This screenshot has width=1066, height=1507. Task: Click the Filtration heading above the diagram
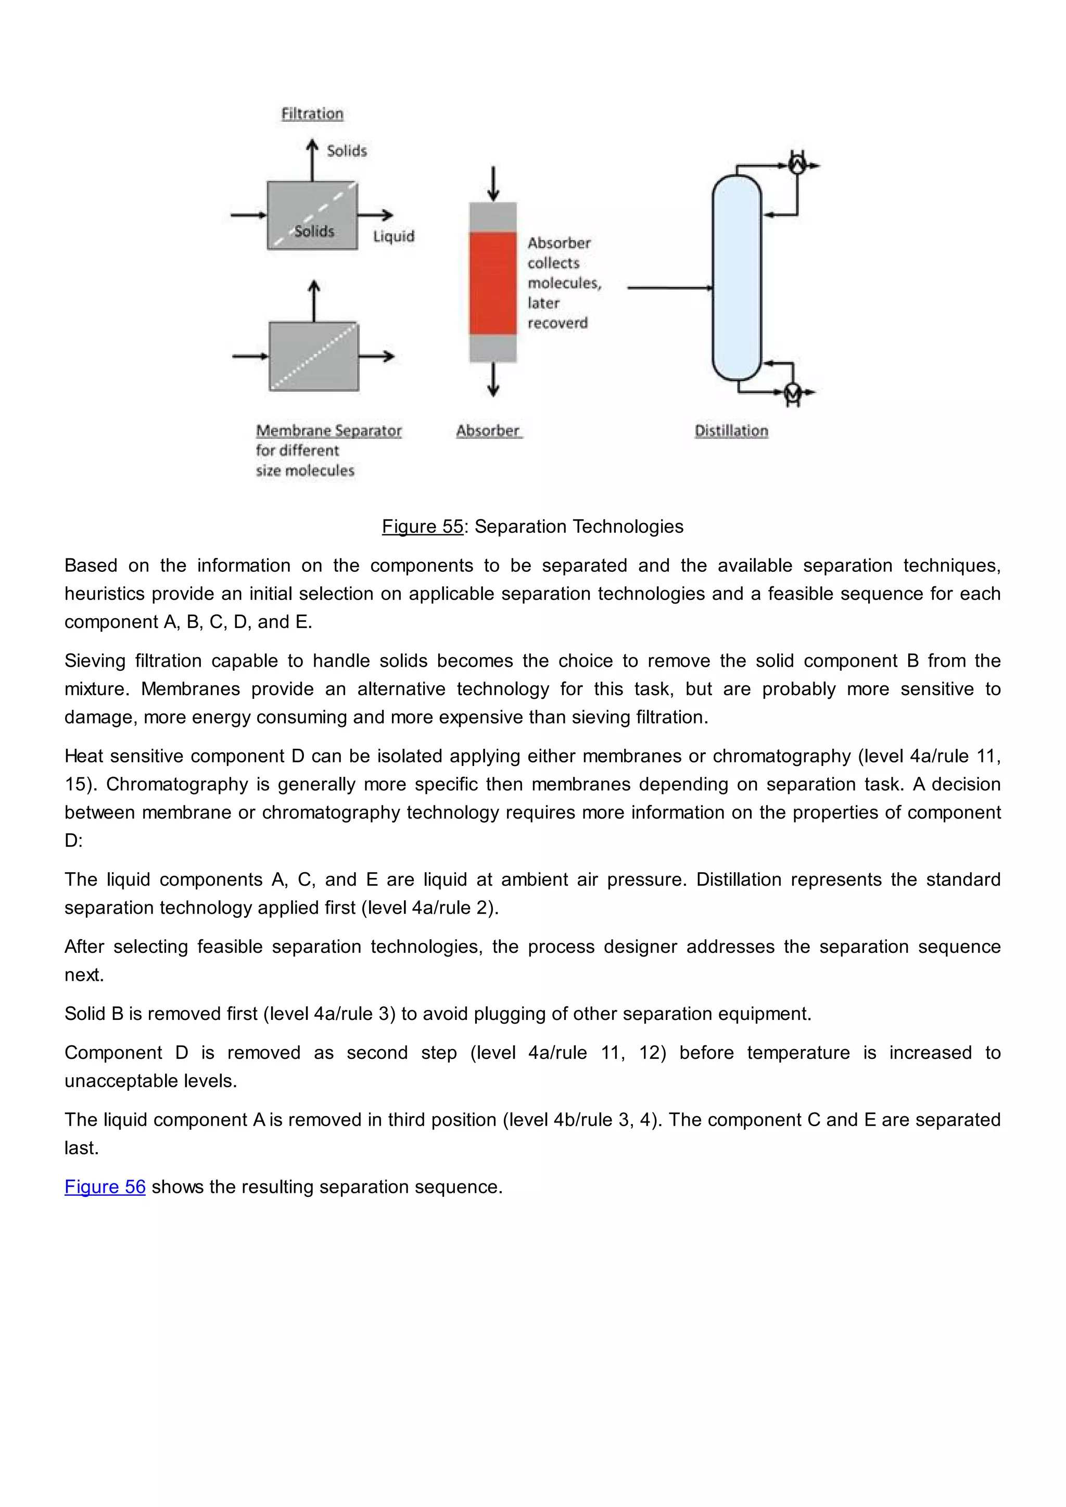(x=312, y=113)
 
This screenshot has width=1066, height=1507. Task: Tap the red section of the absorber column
(x=493, y=283)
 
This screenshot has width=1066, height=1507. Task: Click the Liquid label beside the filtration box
(x=394, y=236)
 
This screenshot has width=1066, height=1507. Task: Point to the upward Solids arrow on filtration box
(x=312, y=160)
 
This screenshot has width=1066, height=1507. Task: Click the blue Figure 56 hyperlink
(x=105, y=1186)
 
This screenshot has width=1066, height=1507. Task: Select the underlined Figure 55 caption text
(x=423, y=527)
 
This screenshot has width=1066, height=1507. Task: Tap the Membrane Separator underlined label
(x=329, y=430)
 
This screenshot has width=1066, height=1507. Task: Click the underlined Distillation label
(x=731, y=430)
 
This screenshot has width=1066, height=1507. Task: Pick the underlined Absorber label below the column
(x=488, y=430)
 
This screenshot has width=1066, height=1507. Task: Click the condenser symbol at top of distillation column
(x=797, y=163)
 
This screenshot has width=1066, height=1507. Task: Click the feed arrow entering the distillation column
(x=669, y=287)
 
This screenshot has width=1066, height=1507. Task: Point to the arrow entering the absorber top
(x=493, y=184)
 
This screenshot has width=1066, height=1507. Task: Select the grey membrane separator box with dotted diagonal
(x=314, y=356)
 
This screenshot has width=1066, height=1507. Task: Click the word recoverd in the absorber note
(x=557, y=323)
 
